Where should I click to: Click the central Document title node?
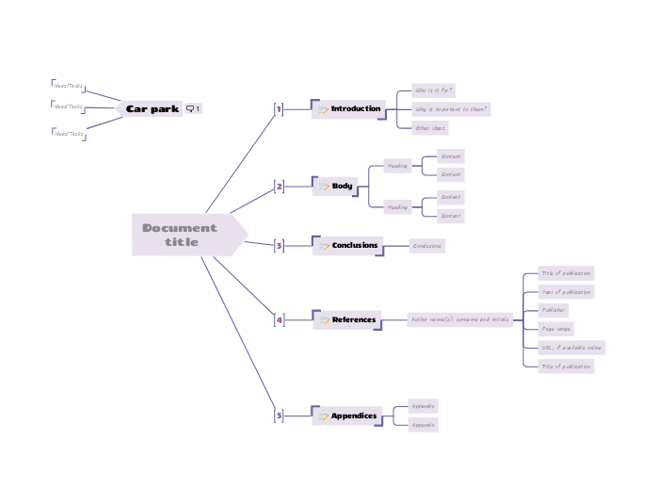(x=184, y=235)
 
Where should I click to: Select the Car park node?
(x=152, y=109)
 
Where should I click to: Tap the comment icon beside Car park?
(x=193, y=109)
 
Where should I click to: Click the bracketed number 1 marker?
(x=279, y=110)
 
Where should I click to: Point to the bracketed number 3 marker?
(x=279, y=246)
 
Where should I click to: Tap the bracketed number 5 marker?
(x=279, y=416)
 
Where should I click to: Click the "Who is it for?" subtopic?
(x=434, y=91)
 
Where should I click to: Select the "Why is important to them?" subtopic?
(x=452, y=109)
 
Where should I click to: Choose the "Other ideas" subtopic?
(x=430, y=127)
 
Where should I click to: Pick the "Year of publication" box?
(x=567, y=292)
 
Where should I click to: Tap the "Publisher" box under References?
(x=553, y=310)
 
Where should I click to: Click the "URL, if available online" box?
(x=571, y=347)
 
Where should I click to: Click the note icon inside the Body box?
(x=324, y=187)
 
